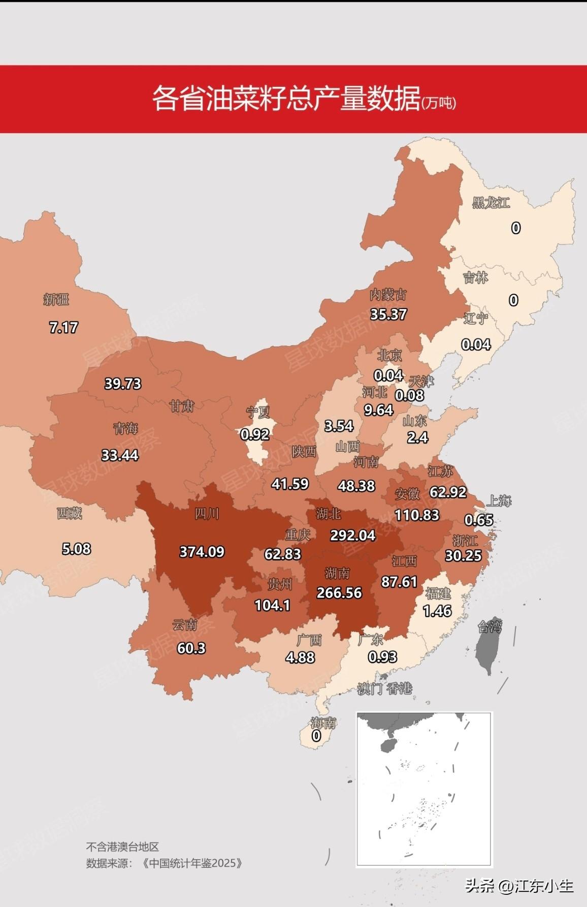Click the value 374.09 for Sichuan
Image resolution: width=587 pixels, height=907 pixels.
tap(202, 552)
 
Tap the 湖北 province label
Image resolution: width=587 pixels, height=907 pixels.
tap(328, 514)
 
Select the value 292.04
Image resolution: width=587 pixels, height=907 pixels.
tap(352, 535)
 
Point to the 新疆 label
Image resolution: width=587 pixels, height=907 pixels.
tap(56, 299)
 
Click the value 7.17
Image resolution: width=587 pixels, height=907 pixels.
tap(63, 327)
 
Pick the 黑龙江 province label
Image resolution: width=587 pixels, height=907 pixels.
tap(491, 203)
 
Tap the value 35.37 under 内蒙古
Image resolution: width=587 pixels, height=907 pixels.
tap(388, 314)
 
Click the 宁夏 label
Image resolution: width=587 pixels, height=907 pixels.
tap(258, 412)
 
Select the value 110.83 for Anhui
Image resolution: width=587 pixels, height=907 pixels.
tap(416, 515)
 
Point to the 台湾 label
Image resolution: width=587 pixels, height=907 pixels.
tap(490, 627)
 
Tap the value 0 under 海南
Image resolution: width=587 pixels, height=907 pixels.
tap(316, 735)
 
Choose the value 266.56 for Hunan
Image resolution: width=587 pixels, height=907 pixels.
tap(339, 592)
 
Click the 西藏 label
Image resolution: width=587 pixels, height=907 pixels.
tap(69, 513)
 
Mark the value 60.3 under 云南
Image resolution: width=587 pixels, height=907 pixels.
tap(191, 648)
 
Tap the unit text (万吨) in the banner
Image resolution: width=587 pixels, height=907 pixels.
tap(439, 103)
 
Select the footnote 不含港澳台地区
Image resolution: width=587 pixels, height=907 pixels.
tap(122, 847)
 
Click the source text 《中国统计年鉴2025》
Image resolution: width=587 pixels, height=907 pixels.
tap(192, 863)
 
